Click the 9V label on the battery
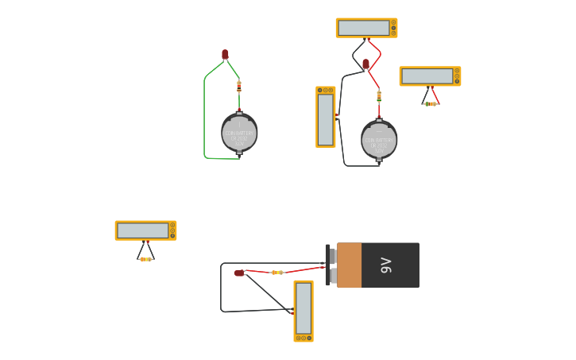point(386,265)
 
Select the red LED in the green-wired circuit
point(225,54)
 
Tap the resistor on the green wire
point(238,87)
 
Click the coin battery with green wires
point(239,133)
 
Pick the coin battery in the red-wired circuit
point(379,140)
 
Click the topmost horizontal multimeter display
point(365,28)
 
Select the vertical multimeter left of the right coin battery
point(325,117)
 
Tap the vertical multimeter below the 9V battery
point(303,310)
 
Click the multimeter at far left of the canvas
point(145,230)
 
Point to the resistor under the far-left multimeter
point(145,259)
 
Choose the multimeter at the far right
point(430,76)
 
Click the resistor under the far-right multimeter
point(430,104)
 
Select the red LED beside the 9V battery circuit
point(239,273)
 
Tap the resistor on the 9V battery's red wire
point(276,273)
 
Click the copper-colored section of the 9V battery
point(349,265)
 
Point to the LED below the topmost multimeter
point(365,64)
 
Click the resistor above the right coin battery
point(379,96)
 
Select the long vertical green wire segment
point(204,119)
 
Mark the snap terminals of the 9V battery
point(331,265)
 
